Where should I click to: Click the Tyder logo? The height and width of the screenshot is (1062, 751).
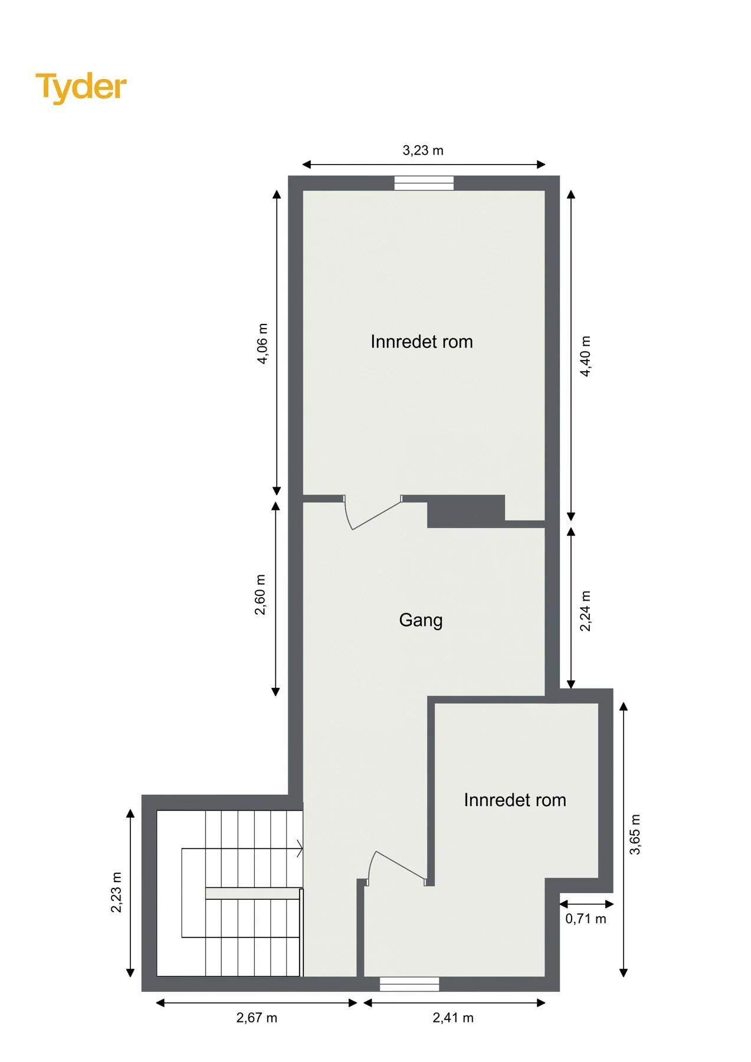tap(81, 87)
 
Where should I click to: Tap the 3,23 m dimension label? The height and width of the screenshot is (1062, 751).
tap(423, 150)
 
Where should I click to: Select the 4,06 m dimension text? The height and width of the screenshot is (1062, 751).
tap(263, 343)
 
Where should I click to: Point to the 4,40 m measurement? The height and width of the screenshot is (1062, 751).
tap(585, 356)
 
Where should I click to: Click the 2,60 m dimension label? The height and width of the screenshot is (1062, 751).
tap(260, 595)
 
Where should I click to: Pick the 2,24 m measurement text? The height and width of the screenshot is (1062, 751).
tap(585, 611)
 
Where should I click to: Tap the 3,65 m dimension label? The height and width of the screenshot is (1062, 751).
tap(635, 834)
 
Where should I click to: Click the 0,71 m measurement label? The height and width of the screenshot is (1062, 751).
tap(586, 919)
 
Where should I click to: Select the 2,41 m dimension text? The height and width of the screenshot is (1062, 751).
tap(453, 1018)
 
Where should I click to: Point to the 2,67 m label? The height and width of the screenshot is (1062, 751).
tap(257, 1018)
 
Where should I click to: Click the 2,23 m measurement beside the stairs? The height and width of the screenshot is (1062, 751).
tap(116, 892)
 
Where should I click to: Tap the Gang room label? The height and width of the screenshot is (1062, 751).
tap(421, 621)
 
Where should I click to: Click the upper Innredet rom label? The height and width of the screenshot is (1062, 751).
tap(422, 342)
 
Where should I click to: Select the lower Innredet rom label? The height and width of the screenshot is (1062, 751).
tap(515, 800)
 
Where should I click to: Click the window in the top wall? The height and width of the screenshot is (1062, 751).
tap(424, 183)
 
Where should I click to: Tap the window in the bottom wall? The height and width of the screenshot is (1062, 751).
tap(409, 984)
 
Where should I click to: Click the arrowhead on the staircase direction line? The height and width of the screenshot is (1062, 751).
tap(300, 849)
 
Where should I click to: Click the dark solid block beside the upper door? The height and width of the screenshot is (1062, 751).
tap(466, 511)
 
